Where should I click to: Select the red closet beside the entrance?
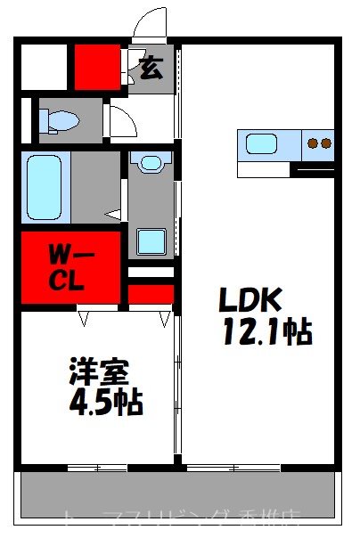(x=98, y=67)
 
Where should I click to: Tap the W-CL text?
(x=66, y=266)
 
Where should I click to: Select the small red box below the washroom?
(x=151, y=293)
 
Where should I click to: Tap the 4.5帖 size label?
(x=105, y=403)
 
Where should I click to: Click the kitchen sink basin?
(x=264, y=143)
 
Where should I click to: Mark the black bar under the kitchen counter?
(x=312, y=167)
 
